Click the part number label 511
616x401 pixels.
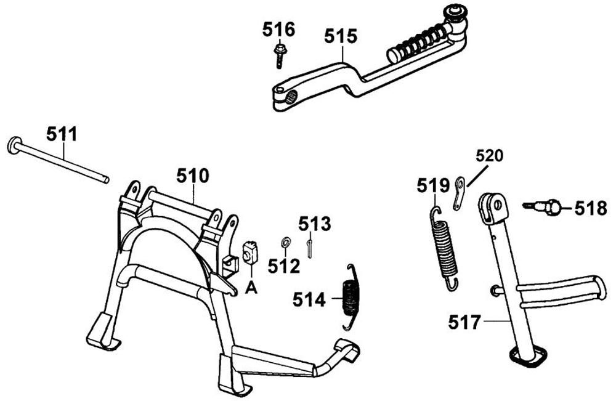62,133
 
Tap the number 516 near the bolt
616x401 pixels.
279,30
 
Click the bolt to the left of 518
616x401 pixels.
541,206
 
